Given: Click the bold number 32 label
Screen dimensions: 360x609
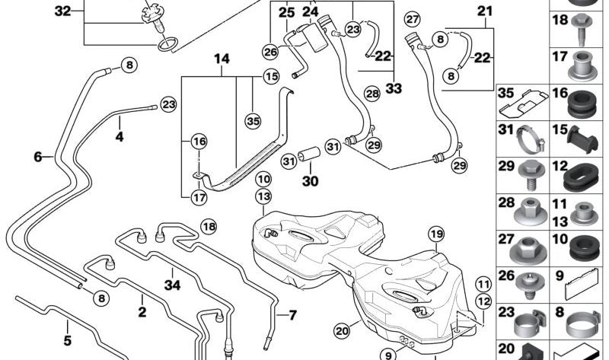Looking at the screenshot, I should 62,11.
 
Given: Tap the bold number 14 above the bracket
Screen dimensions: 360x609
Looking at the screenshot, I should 221,59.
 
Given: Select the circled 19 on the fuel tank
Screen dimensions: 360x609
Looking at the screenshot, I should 435,233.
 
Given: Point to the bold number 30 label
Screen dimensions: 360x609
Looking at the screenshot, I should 311,183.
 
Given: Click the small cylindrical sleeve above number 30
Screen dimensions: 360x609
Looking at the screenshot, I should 309,157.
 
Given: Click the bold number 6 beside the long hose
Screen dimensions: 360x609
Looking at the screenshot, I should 37,158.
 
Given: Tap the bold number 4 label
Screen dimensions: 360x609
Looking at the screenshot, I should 119,139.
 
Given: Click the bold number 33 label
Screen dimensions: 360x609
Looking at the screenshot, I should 393,89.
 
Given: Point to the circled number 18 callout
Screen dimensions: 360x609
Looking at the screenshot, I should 209,226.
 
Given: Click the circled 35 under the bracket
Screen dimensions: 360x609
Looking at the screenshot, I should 253,119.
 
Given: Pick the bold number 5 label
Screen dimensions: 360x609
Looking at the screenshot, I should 67,341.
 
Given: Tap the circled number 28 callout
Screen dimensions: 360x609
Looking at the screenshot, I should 371,94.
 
